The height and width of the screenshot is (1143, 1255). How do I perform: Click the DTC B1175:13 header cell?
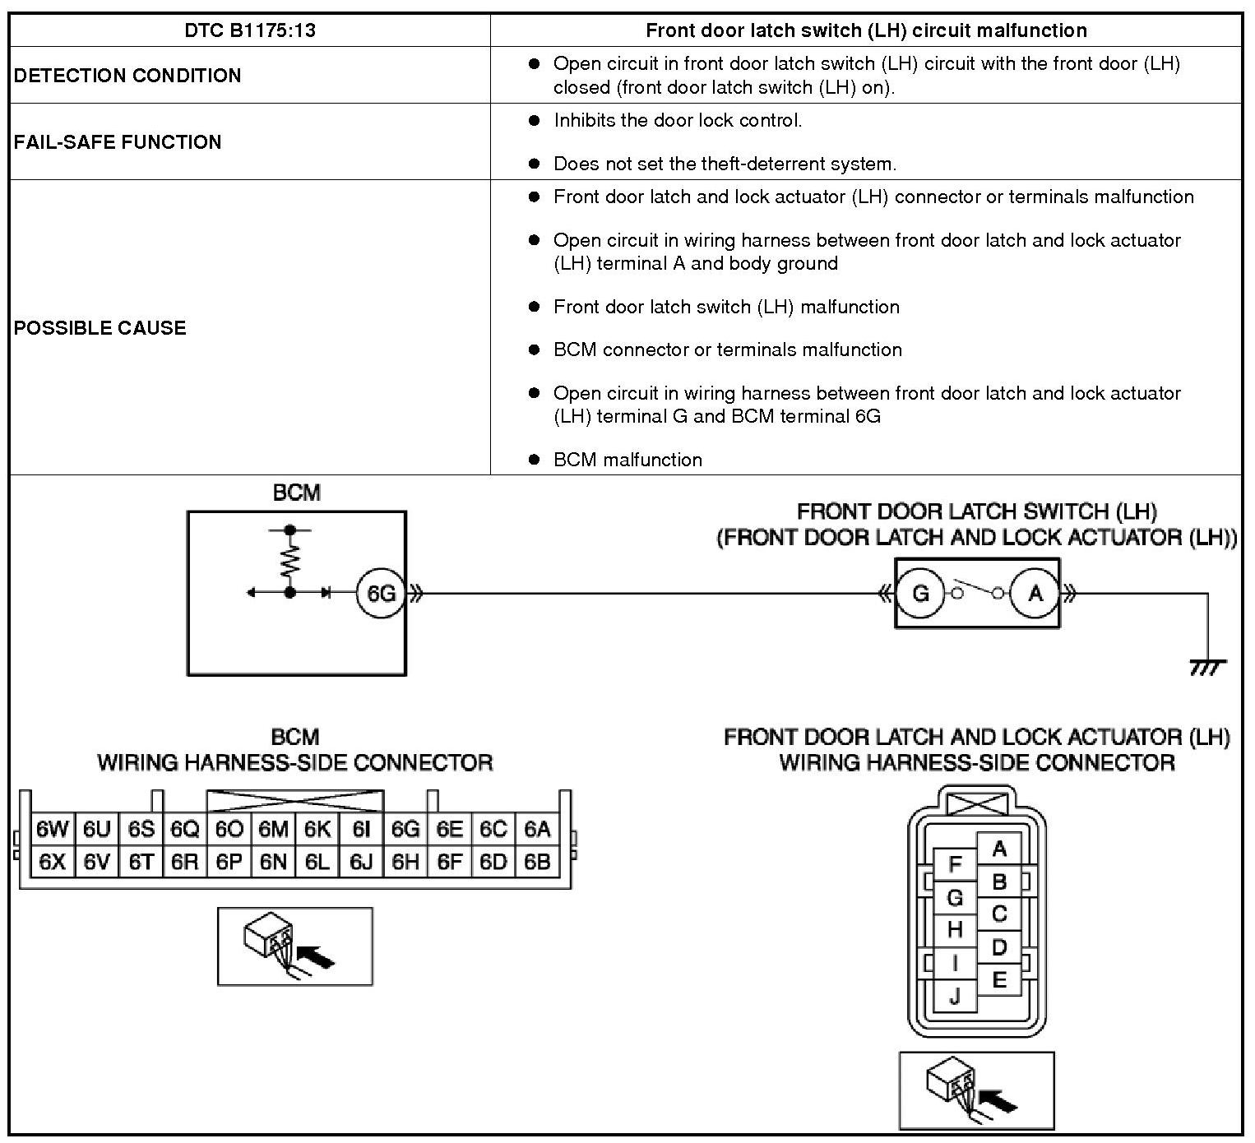(x=250, y=31)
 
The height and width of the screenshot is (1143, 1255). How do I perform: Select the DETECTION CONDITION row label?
(x=127, y=76)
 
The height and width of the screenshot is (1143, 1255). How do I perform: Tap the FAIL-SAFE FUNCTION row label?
(x=118, y=142)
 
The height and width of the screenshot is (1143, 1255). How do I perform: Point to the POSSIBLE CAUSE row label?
(x=100, y=328)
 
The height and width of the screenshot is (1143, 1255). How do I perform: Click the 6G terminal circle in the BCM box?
(x=381, y=593)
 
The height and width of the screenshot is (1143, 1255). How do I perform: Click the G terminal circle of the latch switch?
(x=920, y=593)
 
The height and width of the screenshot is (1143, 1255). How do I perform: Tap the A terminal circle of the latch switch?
(x=1035, y=593)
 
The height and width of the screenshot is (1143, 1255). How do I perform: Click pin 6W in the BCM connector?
(x=53, y=829)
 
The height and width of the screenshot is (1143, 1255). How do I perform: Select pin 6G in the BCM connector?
(x=405, y=829)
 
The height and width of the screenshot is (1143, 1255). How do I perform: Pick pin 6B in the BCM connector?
(x=537, y=862)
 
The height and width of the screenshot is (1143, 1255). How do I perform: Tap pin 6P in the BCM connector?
(x=229, y=862)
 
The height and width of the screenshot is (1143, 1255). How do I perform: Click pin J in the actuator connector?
(x=955, y=997)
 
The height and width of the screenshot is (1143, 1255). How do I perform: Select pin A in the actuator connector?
(x=999, y=849)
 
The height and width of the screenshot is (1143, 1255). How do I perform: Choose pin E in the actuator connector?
(x=999, y=979)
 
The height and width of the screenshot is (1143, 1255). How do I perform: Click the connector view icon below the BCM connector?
(x=295, y=946)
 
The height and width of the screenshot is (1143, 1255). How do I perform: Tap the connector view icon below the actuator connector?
(x=976, y=1090)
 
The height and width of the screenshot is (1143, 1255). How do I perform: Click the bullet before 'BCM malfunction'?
(x=534, y=460)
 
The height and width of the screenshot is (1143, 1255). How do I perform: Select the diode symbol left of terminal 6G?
(x=326, y=592)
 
